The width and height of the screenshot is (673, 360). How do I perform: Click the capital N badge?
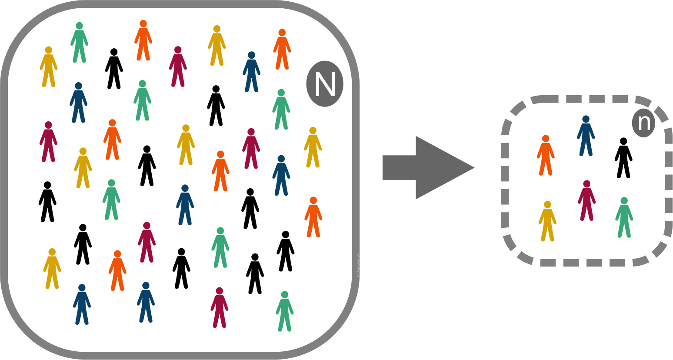pyautogui.click(x=324, y=84)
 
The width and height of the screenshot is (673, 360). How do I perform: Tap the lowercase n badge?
pyautogui.click(x=643, y=122)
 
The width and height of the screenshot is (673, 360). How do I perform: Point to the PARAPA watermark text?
pyautogui.click(x=358, y=265)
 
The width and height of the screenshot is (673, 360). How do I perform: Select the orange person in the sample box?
pyautogui.click(x=545, y=157)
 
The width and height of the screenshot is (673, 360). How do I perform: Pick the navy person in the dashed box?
pyautogui.click(x=586, y=137)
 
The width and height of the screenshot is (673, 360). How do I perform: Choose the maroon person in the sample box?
pyautogui.click(x=586, y=201)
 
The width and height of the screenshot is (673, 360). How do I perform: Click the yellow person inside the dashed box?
pyautogui.click(x=547, y=222)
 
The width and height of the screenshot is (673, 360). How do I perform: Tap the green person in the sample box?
pyautogui.click(x=624, y=219)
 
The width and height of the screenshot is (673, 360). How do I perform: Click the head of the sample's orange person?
pyautogui.click(x=546, y=139)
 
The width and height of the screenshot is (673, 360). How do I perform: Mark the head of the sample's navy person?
pyautogui.click(x=586, y=119)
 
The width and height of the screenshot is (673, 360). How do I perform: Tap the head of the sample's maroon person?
pyautogui.click(x=586, y=184)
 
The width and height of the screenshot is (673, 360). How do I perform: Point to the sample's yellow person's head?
pyautogui.click(x=547, y=204)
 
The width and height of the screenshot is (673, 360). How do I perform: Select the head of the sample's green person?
pyautogui.click(x=624, y=201)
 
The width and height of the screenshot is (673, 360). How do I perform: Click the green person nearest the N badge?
pyautogui.click(x=281, y=110)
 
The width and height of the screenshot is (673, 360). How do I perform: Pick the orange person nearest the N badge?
pyautogui.click(x=282, y=50)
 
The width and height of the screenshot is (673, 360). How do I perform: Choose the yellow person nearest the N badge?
pyautogui.click(x=313, y=148)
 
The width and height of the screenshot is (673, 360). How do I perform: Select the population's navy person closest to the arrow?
pyautogui.click(x=281, y=177)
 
